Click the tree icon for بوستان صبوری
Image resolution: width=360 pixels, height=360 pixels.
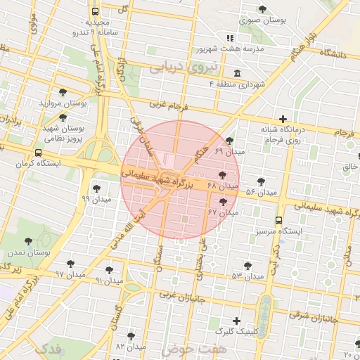[x=262, y=10]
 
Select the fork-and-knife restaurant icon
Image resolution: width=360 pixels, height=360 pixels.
[x=229, y=37]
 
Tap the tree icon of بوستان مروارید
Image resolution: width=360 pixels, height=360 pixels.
[x=63, y=92]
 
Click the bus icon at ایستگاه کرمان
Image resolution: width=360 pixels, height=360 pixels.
[x=37, y=152]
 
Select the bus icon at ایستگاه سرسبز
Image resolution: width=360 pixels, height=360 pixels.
[x=280, y=220]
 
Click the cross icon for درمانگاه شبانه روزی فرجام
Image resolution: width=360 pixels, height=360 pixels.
[x=283, y=119]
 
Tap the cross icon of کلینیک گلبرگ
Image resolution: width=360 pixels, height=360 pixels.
[x=236, y=320]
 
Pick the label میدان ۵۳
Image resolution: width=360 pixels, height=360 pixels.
[x=247, y=276]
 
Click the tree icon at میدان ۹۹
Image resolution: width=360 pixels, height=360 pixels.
[x=96, y=188]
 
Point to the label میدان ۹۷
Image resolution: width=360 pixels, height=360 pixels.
[x=70, y=273]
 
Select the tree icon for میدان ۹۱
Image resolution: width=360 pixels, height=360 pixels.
[x=109, y=269]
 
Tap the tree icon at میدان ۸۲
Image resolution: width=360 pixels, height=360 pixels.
[x=131, y=336]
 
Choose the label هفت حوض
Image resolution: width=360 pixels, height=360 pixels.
[x=194, y=349]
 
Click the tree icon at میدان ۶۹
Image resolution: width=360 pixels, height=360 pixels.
[x=229, y=141]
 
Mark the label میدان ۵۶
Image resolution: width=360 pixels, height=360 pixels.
[x=261, y=192]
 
